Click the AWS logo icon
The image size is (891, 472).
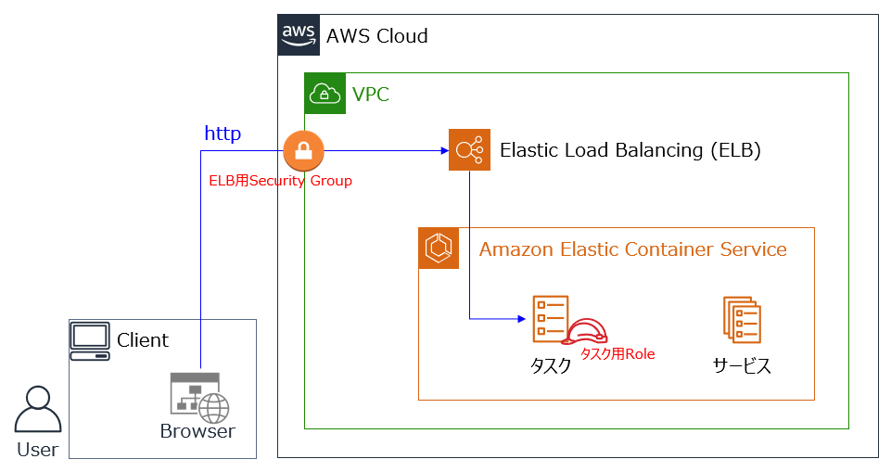click(x=299, y=35)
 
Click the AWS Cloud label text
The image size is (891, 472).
click(x=376, y=36)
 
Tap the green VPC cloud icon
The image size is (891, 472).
click(x=325, y=93)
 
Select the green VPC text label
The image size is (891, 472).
click(x=371, y=94)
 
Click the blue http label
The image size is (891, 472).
click(x=223, y=134)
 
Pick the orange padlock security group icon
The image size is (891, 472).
click(x=303, y=150)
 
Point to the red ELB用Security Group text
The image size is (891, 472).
click(x=280, y=181)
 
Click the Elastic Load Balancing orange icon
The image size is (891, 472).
click(x=469, y=149)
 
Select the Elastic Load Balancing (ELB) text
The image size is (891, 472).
click(x=630, y=150)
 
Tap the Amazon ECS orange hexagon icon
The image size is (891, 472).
click(x=439, y=249)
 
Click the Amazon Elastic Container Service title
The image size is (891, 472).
click(x=633, y=249)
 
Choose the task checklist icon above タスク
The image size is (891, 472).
click(x=550, y=319)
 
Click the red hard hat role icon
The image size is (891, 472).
click(x=588, y=332)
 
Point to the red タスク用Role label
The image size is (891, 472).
click(x=617, y=353)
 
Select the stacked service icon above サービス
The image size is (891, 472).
click(x=742, y=320)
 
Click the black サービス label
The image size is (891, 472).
click(x=742, y=365)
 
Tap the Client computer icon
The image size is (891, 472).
click(x=90, y=340)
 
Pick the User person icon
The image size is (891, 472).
click(x=37, y=410)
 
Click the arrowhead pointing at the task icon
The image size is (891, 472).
click(x=521, y=319)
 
